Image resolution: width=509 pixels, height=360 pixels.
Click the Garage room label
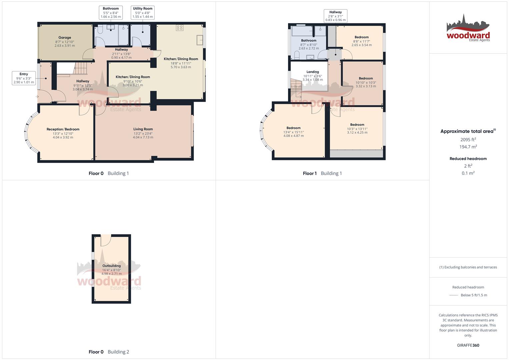point(65,38)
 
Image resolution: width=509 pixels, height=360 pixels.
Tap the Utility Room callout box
point(143,12)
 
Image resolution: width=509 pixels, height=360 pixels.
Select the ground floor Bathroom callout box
point(111,12)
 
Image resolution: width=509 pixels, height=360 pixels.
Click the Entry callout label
point(24,78)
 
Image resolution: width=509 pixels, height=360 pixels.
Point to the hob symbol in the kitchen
point(180,28)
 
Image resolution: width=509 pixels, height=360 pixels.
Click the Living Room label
point(143,129)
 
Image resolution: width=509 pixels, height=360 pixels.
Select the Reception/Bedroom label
point(63,129)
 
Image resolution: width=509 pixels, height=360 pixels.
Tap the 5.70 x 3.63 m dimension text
point(181,67)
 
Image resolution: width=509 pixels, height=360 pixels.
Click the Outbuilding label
point(111,266)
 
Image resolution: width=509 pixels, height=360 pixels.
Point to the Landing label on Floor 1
point(313,72)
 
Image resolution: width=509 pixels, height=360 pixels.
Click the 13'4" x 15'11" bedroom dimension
point(293,132)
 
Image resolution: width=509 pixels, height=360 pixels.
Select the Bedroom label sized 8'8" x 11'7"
point(362,37)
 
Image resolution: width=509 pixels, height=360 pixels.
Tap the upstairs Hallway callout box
point(336,16)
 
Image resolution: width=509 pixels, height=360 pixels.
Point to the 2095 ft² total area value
point(468,140)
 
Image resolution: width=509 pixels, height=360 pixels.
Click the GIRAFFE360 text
point(468,345)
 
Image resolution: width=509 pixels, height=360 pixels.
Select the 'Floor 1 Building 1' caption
point(322,173)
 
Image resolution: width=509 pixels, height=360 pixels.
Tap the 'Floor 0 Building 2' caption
point(109,352)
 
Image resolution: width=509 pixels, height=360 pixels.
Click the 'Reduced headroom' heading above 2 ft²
point(468,159)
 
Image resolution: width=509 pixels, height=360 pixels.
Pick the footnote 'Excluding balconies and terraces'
point(468,267)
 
